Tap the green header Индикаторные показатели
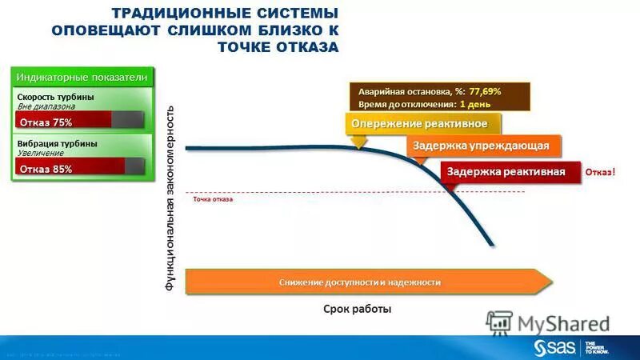[x=82, y=77]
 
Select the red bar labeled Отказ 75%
[x=63, y=122]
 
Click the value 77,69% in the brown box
[x=485, y=92]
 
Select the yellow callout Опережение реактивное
[x=426, y=124]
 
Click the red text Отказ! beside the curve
[x=601, y=172]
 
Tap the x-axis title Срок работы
[x=358, y=309]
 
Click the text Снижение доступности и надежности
[x=360, y=282]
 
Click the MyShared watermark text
[x=563, y=324]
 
